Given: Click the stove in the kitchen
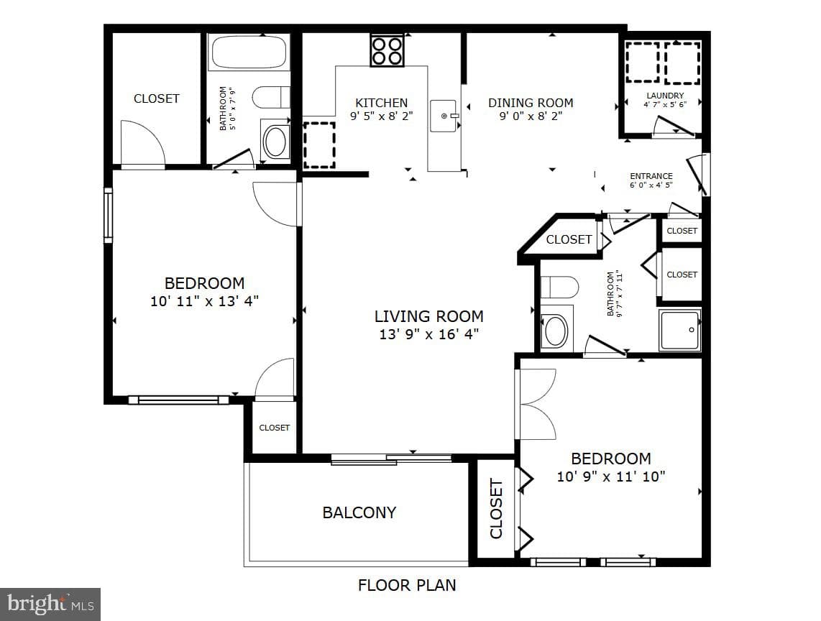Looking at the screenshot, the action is pos(387,50).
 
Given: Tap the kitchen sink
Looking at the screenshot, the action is pos(444,116).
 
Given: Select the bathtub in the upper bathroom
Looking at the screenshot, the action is pos(249,52).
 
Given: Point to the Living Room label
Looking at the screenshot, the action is pos(428,316).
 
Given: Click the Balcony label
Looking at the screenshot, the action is pos(359,512).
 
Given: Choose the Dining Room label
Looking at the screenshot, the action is pos(531,103).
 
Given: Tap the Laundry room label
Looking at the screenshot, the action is pos(665,96).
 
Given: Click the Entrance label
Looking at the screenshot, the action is pos(651,176).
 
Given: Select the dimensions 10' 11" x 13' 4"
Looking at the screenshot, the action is pos(205,301).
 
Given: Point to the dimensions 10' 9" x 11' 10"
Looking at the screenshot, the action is pos(611,477).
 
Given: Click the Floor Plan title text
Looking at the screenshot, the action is pos(407,585).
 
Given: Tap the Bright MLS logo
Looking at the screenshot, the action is pos(50,604).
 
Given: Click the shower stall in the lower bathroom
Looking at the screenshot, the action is pos(679,330).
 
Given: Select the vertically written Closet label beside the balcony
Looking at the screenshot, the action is pos(496,508).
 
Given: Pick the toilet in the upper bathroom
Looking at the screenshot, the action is pos(271,97).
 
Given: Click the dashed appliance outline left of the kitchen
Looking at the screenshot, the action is pos(319,145).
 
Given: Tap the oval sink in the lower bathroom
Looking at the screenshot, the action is pos(556,331).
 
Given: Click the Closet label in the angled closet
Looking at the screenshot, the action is pos(569,239).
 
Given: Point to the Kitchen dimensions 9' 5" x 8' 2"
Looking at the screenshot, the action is pos(382,116).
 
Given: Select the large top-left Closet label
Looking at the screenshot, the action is pos(157,98).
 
